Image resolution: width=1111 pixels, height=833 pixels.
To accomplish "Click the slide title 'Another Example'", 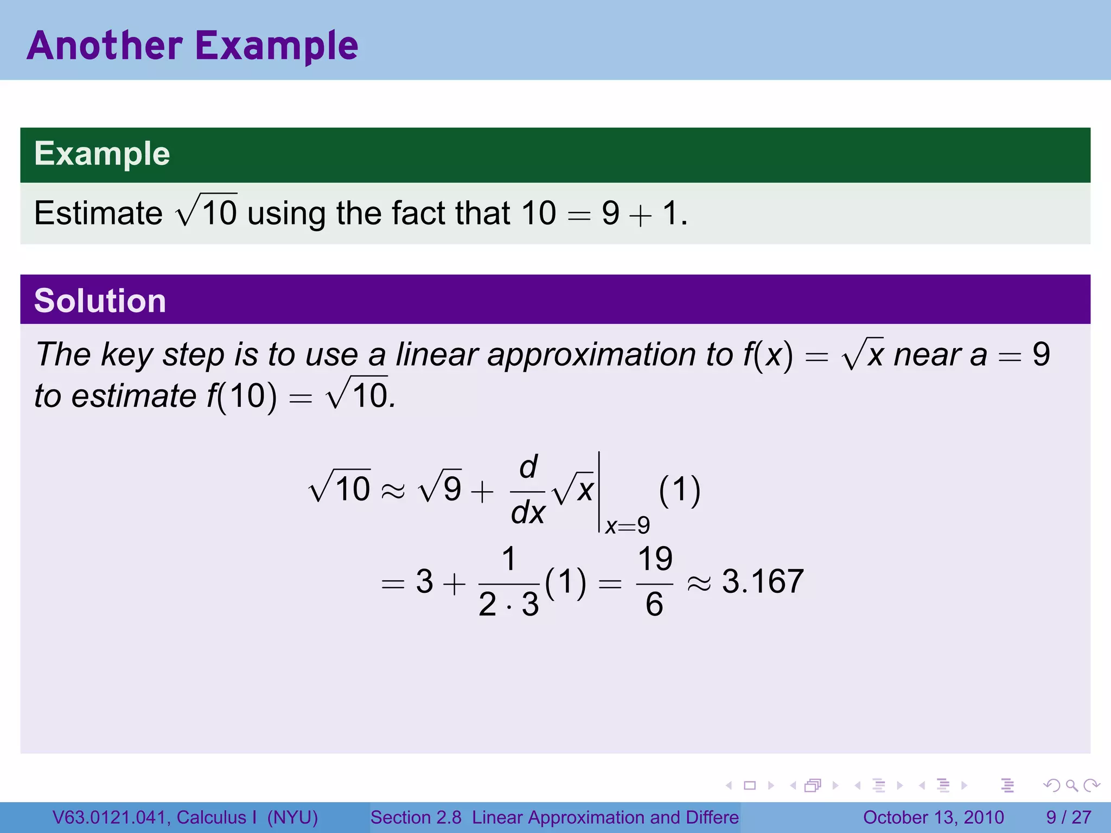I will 193,46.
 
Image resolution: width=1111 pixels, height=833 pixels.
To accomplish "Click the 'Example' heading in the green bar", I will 102,153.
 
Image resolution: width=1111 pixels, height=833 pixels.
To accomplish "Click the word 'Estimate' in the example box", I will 98,213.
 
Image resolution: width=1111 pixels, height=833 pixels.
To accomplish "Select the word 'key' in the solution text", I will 126,356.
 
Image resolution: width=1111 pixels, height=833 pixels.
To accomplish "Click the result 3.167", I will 762,581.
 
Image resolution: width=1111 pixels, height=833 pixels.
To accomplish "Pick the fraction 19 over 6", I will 655,581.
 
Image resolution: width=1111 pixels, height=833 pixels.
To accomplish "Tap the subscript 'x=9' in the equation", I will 627,526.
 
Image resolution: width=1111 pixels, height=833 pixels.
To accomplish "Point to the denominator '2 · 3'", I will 508,604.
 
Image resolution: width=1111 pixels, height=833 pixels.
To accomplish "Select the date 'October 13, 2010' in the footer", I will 933,817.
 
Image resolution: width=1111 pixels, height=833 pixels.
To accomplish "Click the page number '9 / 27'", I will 1068,817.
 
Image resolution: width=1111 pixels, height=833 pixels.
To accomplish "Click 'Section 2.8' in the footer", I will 416,817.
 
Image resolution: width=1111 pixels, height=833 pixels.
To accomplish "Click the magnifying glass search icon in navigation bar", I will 1071,785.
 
